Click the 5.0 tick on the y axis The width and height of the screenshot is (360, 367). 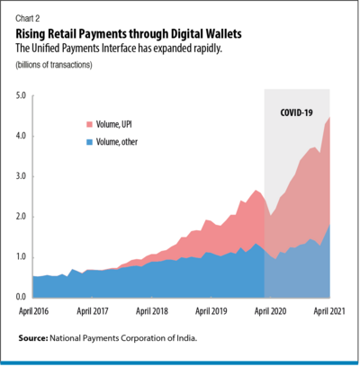21,94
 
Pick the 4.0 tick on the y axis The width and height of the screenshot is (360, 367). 21,135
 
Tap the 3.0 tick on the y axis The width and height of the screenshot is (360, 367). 21,175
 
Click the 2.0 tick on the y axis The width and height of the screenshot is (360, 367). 21,216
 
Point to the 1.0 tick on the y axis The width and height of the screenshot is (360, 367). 21,256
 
